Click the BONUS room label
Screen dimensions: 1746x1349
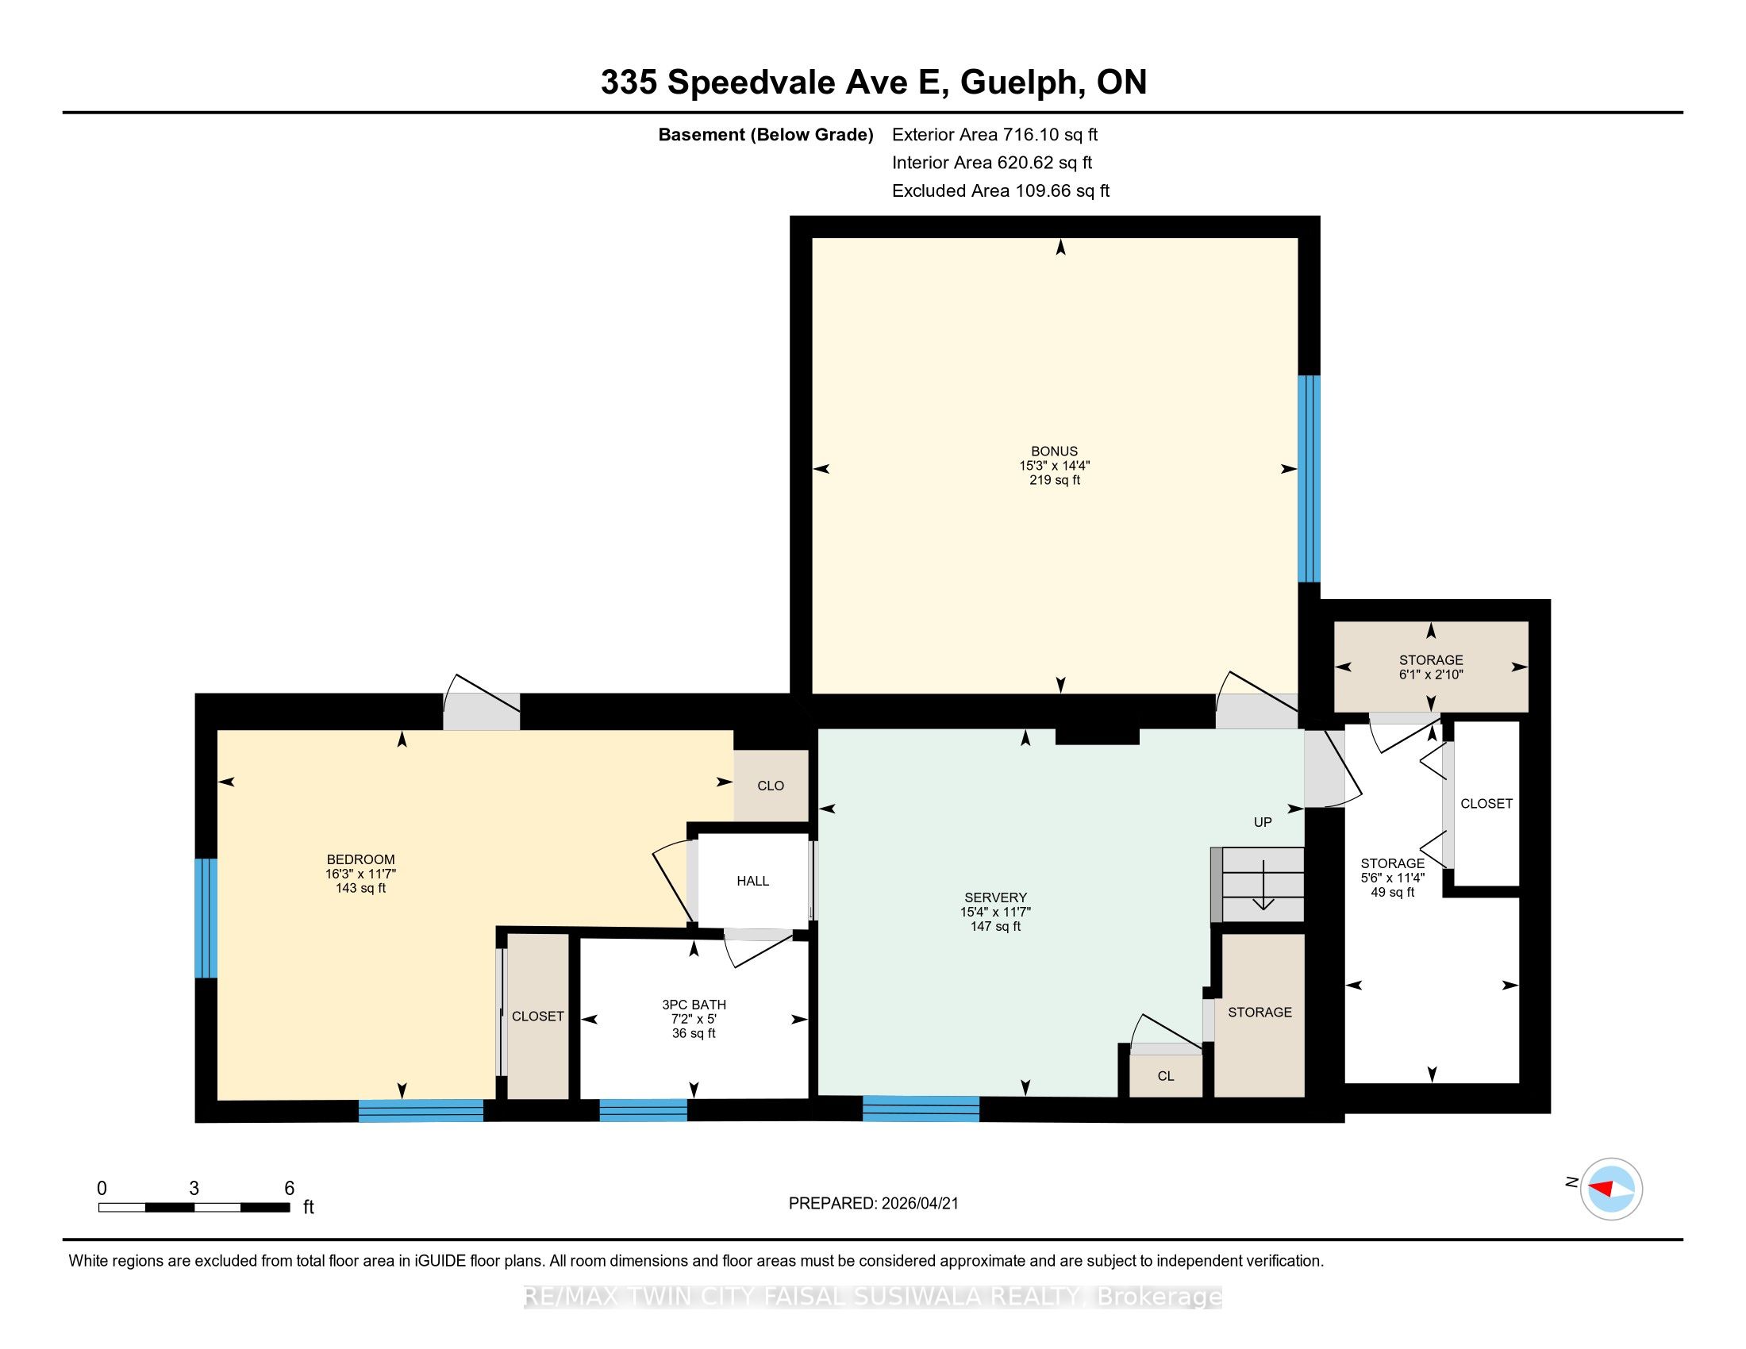pyautogui.click(x=1054, y=451)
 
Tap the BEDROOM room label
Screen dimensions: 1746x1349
pyautogui.click(x=360, y=860)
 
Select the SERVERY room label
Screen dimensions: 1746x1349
pyautogui.click(x=995, y=897)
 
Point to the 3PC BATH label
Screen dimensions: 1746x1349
pyautogui.click(x=694, y=1005)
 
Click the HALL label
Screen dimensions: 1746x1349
pyautogui.click(x=752, y=881)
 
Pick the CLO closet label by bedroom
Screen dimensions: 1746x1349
pyautogui.click(x=771, y=786)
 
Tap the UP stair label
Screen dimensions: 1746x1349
pyautogui.click(x=1263, y=822)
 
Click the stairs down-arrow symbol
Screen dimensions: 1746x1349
pyautogui.click(x=1263, y=885)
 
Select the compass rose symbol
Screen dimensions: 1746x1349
pyautogui.click(x=1611, y=1189)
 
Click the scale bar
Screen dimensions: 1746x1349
pyautogui.click(x=194, y=1208)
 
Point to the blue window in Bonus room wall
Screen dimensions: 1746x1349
pyautogui.click(x=1309, y=478)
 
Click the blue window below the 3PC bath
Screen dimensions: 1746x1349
pyautogui.click(x=644, y=1110)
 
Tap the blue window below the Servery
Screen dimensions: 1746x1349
pyautogui.click(x=921, y=1109)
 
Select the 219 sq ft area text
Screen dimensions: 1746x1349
pyautogui.click(x=1055, y=480)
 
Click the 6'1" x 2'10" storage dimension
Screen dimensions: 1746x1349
pyautogui.click(x=1431, y=674)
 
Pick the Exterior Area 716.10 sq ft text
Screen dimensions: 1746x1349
pyautogui.click(x=995, y=134)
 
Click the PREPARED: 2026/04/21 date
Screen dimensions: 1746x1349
pyautogui.click(x=873, y=1204)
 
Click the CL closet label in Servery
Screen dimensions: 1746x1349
pyautogui.click(x=1166, y=1077)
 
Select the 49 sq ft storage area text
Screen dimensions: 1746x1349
pyautogui.click(x=1393, y=892)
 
